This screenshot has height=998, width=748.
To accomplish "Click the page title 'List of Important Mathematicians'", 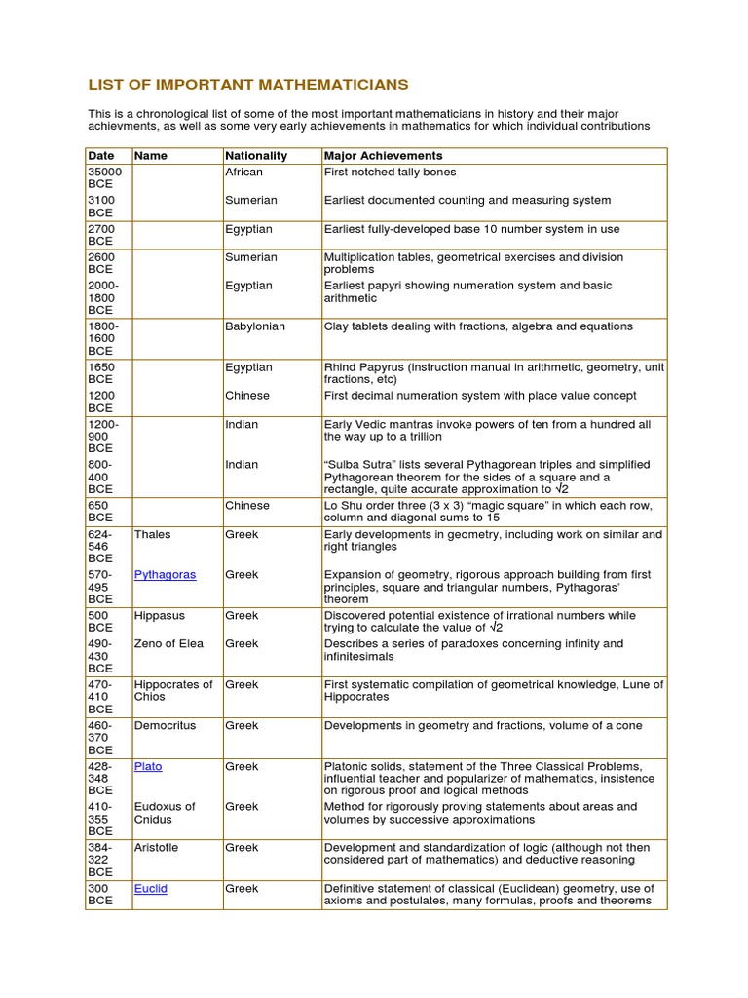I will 248,85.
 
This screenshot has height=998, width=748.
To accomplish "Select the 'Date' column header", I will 100,156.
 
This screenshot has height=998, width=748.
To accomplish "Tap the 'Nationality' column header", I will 256,156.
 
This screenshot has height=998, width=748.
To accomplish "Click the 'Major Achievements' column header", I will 383,156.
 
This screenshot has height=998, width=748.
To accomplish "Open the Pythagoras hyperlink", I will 165,575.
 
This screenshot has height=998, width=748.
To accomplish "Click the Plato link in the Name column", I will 148,767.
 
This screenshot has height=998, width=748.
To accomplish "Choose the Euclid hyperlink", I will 151,889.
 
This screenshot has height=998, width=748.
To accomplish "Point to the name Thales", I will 152,535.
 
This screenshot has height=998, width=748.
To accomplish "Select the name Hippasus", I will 159,616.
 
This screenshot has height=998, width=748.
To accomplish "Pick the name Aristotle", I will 156,848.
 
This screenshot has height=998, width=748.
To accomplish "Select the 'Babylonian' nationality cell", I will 255,326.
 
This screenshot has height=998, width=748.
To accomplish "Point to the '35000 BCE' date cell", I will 100,177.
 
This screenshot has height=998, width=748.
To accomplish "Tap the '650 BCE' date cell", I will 98,512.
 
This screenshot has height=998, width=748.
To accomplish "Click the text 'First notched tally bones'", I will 390,173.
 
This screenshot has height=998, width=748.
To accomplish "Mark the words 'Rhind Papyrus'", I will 363,367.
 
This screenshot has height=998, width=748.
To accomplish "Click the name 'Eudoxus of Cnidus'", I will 165,813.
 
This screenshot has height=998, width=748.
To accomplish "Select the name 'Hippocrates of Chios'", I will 172,690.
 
